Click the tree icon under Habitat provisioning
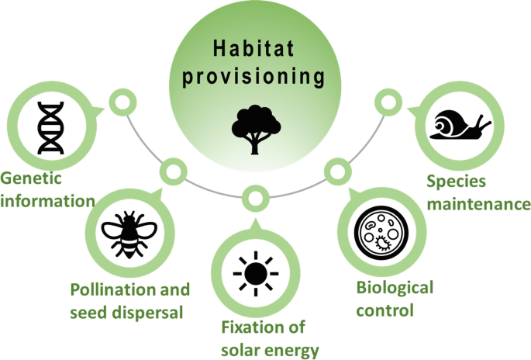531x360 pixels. pos(256,130)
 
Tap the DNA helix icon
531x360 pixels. pos(50,127)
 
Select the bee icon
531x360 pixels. pos(129,234)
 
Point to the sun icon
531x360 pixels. pos(256,274)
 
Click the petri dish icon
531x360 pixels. pos(381,233)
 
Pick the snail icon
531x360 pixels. pos(460,124)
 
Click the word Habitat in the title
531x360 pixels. pos(253,48)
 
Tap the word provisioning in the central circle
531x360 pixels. pos(253,77)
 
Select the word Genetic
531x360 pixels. pos(31,178)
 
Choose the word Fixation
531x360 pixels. pos(250,327)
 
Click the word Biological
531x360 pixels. pos(395,288)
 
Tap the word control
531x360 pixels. pos(385,310)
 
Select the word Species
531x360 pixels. pos(456,182)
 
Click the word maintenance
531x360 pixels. pos(478,204)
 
